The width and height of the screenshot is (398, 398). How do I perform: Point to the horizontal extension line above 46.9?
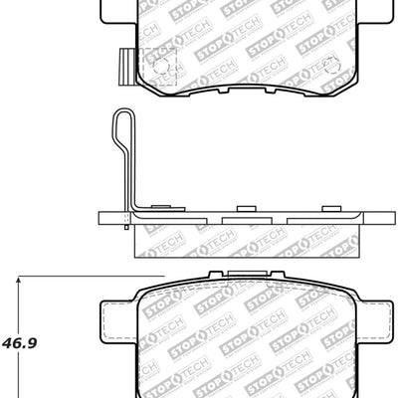click(x=90, y=276)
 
